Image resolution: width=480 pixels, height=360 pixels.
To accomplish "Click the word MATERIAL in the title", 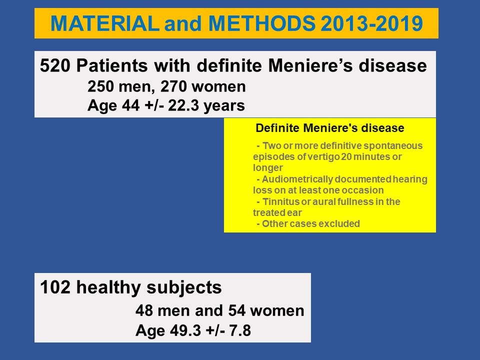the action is point(104,23).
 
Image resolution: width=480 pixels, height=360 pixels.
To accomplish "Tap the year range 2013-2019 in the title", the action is point(372,23).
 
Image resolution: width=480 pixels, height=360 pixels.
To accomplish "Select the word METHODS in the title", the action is point(262,23).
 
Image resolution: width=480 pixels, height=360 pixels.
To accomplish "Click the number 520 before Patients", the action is point(55,65).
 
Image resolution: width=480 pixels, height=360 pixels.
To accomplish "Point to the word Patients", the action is point(112,65).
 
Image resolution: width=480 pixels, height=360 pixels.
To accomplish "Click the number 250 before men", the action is point(100,86).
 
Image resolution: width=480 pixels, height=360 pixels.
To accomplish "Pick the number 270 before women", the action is point(173,86).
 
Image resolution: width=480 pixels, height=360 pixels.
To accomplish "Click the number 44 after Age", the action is point(130,105).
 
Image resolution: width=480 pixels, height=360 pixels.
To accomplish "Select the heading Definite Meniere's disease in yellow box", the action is point(330,128).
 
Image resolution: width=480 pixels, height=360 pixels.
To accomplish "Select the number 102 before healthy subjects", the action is point(55,287).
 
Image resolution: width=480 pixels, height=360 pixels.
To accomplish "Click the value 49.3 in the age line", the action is point(168,330).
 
